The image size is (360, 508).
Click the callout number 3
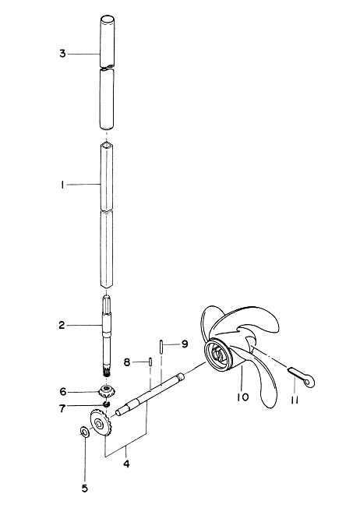pyautogui.click(x=62, y=54)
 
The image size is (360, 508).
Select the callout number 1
pyautogui.click(x=62, y=185)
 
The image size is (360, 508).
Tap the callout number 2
pyautogui.click(x=62, y=325)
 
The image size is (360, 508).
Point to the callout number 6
pyautogui.click(x=62, y=392)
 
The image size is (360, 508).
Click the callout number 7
pyautogui.click(x=62, y=408)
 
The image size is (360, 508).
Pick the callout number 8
pyautogui.click(x=127, y=362)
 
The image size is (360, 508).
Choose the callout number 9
pyautogui.click(x=185, y=344)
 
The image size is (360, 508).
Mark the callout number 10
pyautogui.click(x=242, y=397)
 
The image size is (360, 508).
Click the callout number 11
pyautogui.click(x=295, y=400)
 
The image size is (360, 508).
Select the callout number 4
pyautogui.click(x=126, y=464)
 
